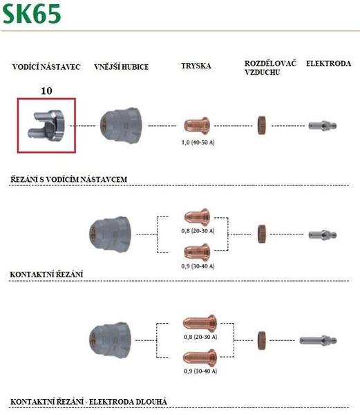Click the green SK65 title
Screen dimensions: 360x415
click(32, 14)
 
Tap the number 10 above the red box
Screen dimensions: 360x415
click(46, 91)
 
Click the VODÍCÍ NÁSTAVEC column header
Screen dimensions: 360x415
click(46, 66)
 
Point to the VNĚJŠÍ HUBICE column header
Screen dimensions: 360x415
click(122, 66)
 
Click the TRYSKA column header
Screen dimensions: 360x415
click(196, 66)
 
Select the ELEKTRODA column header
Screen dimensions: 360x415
click(328, 64)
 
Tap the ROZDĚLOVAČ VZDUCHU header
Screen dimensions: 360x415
click(270, 68)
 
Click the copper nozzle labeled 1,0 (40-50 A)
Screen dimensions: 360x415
click(197, 125)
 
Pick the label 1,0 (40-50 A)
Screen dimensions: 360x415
click(198, 142)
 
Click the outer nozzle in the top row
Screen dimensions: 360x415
click(122, 125)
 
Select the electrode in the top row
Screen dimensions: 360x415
click(323, 125)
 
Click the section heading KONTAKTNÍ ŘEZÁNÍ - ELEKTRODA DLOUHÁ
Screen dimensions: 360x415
click(89, 402)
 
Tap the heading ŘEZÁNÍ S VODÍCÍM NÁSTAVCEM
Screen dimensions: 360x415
click(68, 179)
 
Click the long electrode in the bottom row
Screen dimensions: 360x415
click(318, 340)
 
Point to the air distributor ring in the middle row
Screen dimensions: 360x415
click(262, 234)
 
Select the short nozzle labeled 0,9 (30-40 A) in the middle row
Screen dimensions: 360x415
click(197, 252)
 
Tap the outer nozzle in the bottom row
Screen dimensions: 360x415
click(111, 340)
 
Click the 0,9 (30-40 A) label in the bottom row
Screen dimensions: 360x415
click(200, 371)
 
